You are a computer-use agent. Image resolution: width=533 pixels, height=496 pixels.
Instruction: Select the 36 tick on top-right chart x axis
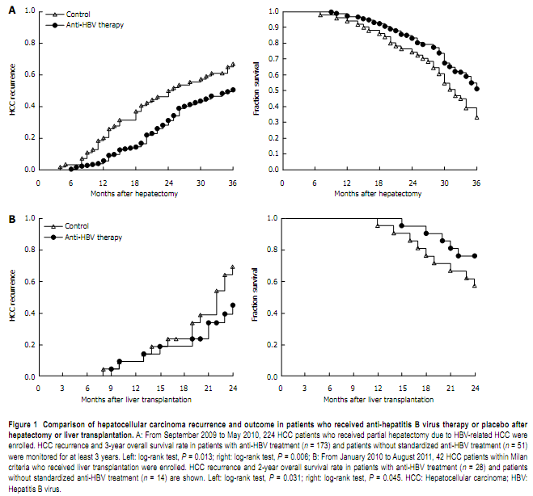coord(476,183)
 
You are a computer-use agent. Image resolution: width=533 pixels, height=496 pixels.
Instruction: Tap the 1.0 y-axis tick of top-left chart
coord(30,12)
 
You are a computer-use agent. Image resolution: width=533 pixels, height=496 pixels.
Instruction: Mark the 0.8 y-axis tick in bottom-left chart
coord(30,250)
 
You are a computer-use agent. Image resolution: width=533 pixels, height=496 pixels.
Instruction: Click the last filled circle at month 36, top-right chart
coord(476,89)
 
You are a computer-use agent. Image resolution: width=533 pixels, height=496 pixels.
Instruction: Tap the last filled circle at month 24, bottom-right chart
coord(475,256)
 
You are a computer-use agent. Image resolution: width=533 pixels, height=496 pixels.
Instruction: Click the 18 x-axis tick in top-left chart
coord(137,183)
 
